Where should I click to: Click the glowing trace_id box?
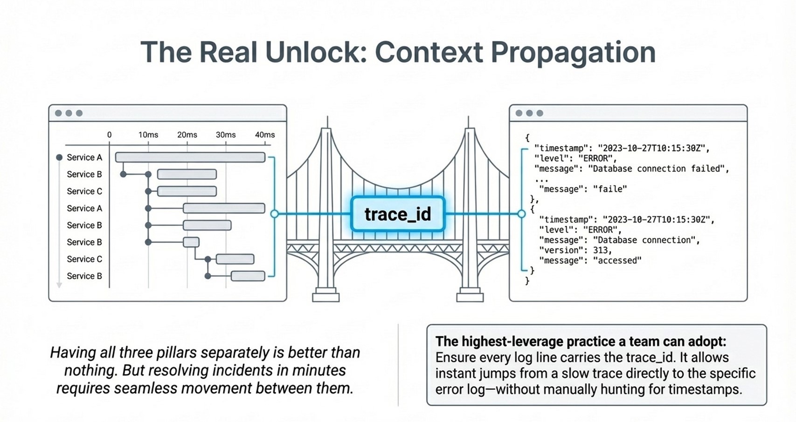tap(398, 214)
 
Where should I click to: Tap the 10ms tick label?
tap(148, 135)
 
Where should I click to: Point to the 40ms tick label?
tap(264, 135)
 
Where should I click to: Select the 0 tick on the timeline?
tap(110, 135)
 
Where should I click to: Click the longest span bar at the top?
tap(190, 157)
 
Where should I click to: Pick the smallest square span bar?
tap(191, 242)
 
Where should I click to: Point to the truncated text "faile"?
tap(609, 189)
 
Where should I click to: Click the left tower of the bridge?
tap(326, 210)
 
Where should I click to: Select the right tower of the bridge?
tap(469, 210)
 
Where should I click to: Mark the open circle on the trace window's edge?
tap(275, 214)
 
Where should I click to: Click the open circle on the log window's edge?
tap(521, 214)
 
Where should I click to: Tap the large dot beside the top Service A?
tap(59, 157)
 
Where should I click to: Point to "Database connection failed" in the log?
tap(658, 169)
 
